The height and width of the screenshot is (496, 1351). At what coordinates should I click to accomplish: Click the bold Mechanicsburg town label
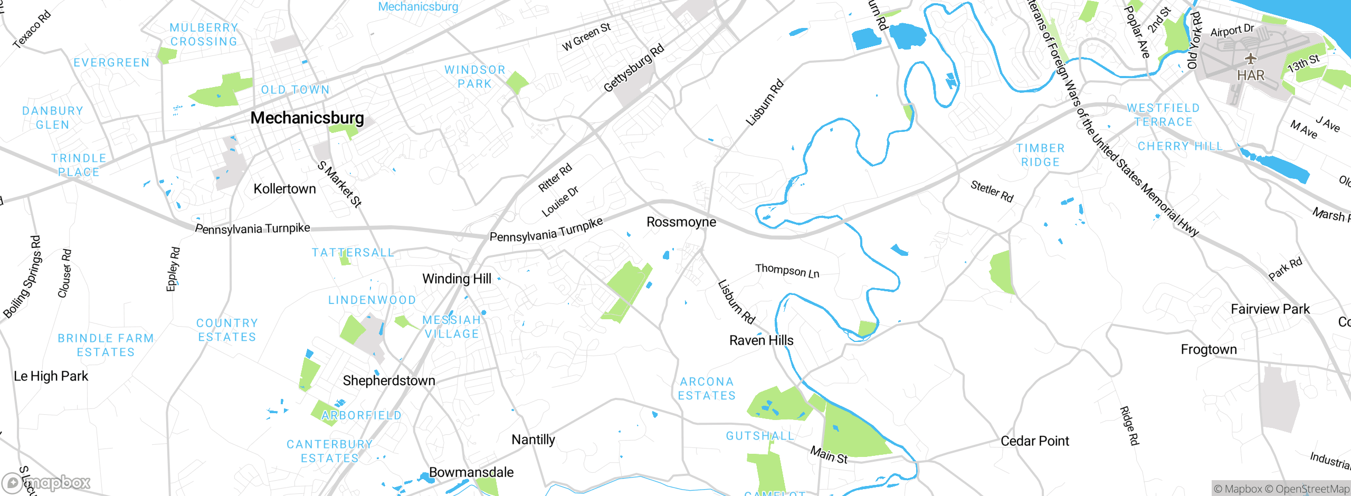coord(307,118)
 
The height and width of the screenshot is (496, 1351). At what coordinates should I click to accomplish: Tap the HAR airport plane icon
coord(1250,58)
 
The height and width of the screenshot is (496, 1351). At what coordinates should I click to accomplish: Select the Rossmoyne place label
coord(681,222)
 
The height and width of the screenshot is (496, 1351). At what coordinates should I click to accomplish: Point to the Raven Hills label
coord(761,340)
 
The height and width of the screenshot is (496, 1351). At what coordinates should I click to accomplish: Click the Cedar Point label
coord(1034,441)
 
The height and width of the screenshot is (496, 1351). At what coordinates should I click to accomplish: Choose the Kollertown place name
coord(284,189)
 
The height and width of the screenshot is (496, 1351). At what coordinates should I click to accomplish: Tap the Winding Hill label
coord(456,279)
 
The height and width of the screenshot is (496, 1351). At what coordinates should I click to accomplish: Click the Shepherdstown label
coord(389,380)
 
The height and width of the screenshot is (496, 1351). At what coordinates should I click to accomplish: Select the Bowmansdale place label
coord(471,472)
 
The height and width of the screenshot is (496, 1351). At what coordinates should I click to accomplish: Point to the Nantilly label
coord(533,440)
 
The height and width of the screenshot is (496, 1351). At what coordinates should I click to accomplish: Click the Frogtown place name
coord(1209,349)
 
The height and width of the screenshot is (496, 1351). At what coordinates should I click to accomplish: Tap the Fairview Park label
coord(1270,309)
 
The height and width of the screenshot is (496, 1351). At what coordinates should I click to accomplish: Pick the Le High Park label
coord(51,376)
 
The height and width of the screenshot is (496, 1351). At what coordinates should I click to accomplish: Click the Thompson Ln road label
coord(787,271)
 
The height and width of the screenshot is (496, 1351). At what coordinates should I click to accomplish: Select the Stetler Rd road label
coord(992,191)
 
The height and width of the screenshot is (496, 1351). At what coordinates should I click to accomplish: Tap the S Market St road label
coord(339,184)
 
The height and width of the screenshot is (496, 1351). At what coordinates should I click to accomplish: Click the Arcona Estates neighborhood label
coord(707,388)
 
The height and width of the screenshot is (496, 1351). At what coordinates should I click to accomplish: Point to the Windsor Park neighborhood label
coord(475,77)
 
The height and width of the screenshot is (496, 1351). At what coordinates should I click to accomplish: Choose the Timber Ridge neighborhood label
coord(1040,155)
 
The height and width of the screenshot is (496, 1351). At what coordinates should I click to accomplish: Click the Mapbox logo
coord(46,482)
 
